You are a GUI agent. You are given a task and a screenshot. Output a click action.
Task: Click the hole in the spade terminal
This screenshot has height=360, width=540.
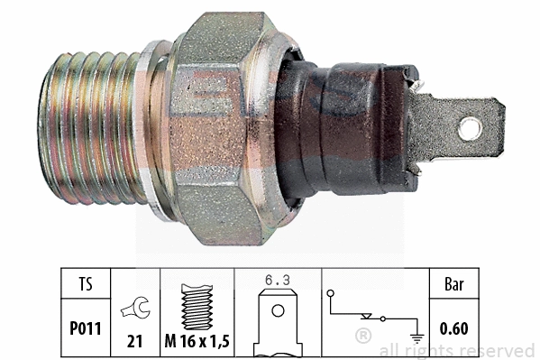(x=470, y=127)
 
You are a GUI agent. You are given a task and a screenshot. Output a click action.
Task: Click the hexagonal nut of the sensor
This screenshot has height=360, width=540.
(x=225, y=126)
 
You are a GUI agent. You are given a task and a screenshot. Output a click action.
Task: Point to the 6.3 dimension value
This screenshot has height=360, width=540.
(x=278, y=282)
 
